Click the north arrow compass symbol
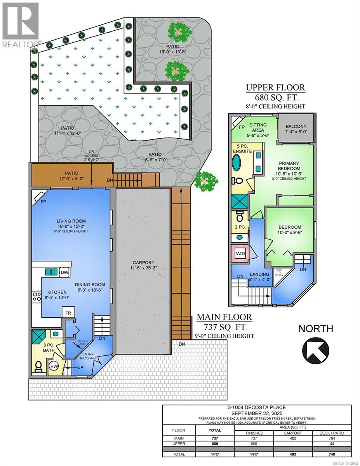click(315, 348)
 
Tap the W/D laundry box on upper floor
click(241, 254)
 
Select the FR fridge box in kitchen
click(68, 312)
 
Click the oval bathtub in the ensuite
click(236, 162)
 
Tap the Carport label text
click(142, 263)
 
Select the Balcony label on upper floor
click(296, 127)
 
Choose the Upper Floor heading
click(275, 87)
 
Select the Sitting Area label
click(258, 127)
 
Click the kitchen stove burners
click(37, 297)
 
